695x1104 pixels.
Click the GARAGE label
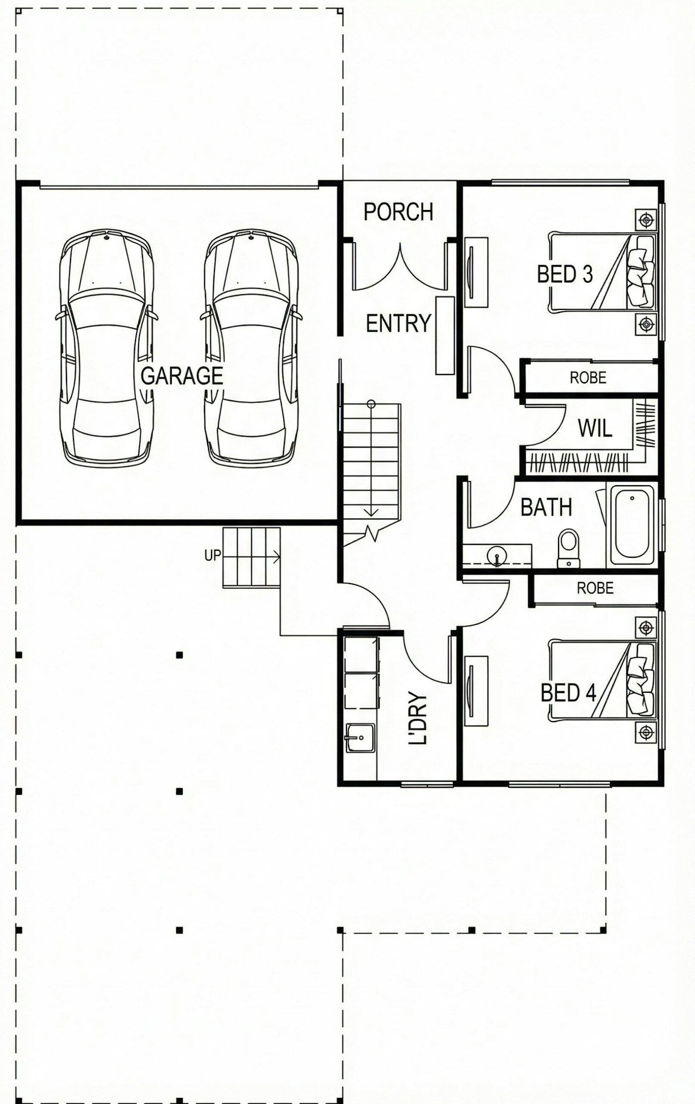pyautogui.click(x=182, y=376)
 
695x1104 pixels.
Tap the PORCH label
pyautogui.click(x=399, y=212)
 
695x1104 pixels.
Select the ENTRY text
pyautogui.click(x=399, y=324)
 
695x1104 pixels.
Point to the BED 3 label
pyautogui.click(x=565, y=274)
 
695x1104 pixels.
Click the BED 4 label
pyautogui.click(x=568, y=693)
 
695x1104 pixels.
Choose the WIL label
pyautogui.click(x=595, y=428)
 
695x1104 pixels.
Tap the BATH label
pyautogui.click(x=547, y=507)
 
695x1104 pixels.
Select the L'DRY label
pyautogui.click(x=417, y=718)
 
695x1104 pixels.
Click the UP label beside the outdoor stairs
pyautogui.click(x=212, y=555)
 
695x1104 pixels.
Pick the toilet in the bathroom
pyautogui.click(x=568, y=548)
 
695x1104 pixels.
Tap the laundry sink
pyautogui.click(x=360, y=738)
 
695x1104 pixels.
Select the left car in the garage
pyautogui.click(x=107, y=348)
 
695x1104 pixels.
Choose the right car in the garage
pyautogui.click(x=252, y=348)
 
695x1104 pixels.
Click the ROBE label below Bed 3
pyautogui.click(x=588, y=378)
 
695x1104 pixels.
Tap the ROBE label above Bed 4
pyautogui.click(x=595, y=589)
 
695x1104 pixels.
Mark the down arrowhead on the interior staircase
pyautogui.click(x=371, y=513)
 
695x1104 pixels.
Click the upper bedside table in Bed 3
pyautogui.click(x=646, y=219)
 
